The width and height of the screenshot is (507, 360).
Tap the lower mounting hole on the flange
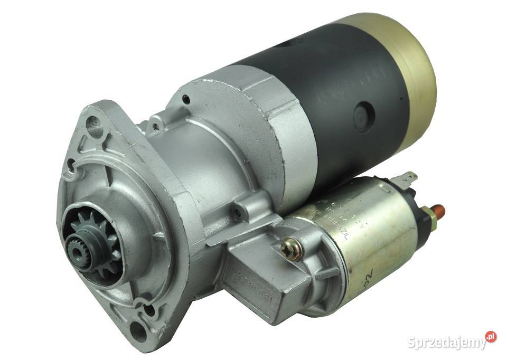pyautogui.click(x=138, y=331)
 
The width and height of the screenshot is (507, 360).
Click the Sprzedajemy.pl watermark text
pyautogui.click(x=446, y=342)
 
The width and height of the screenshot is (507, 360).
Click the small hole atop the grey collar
pyautogui.click(x=186, y=98)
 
